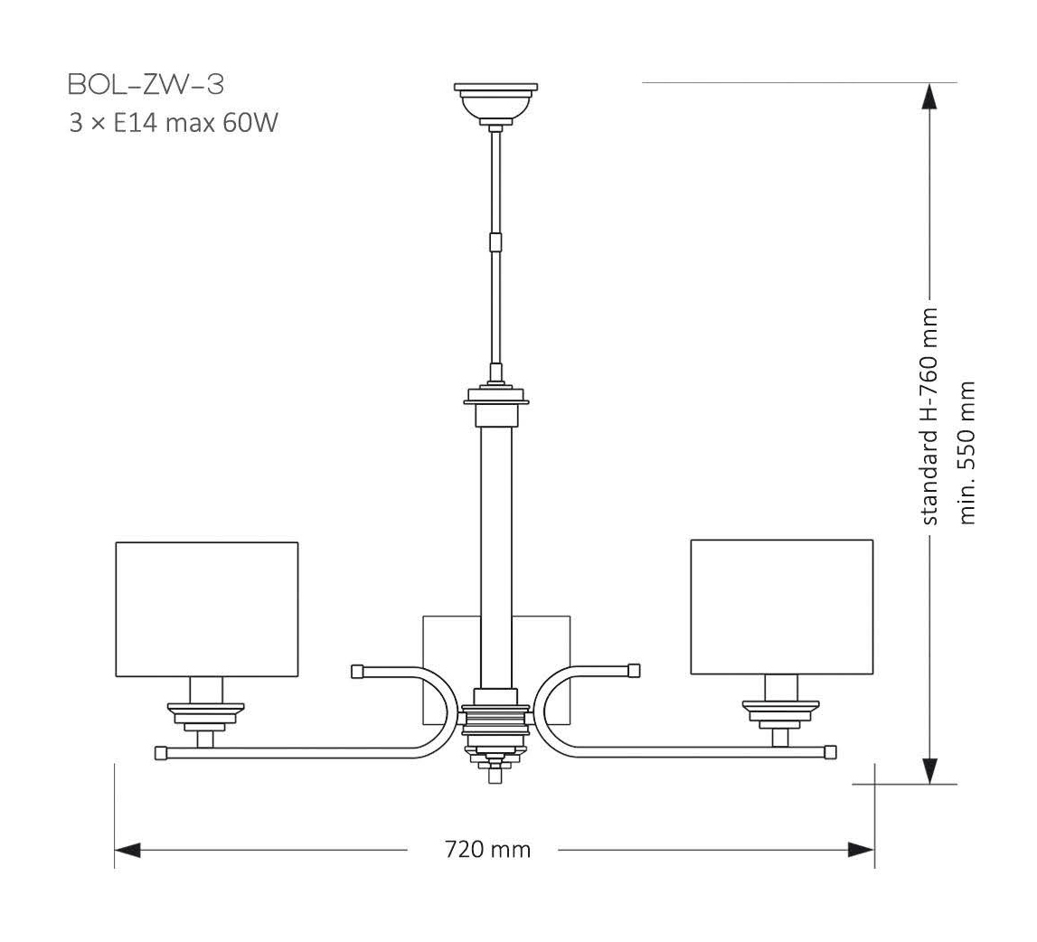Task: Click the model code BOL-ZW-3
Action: pyautogui.click(x=146, y=85)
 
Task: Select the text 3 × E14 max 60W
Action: pyautogui.click(x=173, y=123)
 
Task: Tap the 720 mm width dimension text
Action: pyautogui.click(x=487, y=850)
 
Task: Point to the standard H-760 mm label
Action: pyautogui.click(x=929, y=416)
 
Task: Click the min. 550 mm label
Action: pyautogui.click(x=967, y=452)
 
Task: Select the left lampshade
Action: pyautogui.click(x=207, y=608)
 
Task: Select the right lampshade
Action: pyautogui.click(x=781, y=607)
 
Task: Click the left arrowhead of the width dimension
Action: pyautogui.click(x=127, y=850)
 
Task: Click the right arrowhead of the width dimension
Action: pyautogui.click(x=861, y=850)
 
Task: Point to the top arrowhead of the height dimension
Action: pyautogui.click(x=929, y=96)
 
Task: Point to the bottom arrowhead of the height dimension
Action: pyautogui.click(x=929, y=770)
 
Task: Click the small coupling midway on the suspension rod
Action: pyautogui.click(x=495, y=242)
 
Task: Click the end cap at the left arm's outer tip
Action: pyautogui.click(x=161, y=752)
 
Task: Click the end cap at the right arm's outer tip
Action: pyautogui.click(x=830, y=751)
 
